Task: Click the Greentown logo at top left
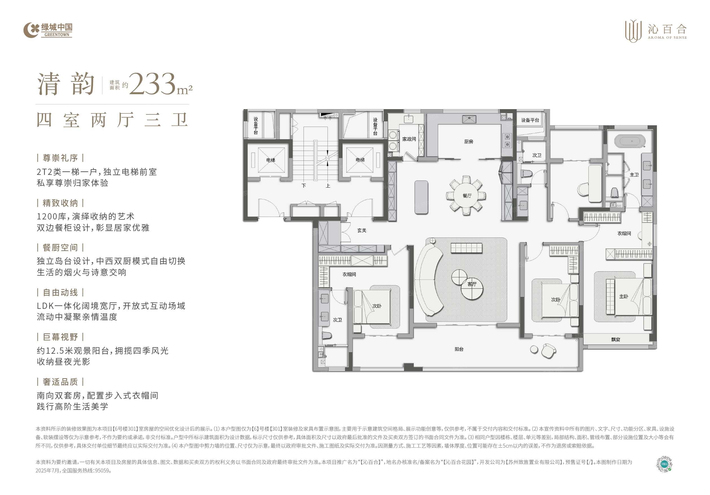coord(48,30)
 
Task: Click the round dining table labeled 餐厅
coord(467,195)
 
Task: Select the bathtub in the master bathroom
coord(630,141)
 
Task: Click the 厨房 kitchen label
coord(469,142)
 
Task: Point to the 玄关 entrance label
coord(362,230)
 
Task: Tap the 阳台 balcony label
coord(459,349)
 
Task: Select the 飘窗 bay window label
coord(616,340)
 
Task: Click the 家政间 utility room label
coord(409,139)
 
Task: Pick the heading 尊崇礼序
coord(60,158)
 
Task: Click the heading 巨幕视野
coord(60,337)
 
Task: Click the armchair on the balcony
coord(549,351)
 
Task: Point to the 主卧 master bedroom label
coord(623,296)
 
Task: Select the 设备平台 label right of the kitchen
coord(530,120)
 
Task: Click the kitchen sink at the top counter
coord(469,119)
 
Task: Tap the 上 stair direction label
coord(328,186)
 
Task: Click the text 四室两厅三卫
coord(112,120)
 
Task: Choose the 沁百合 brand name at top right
coord(667,29)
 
